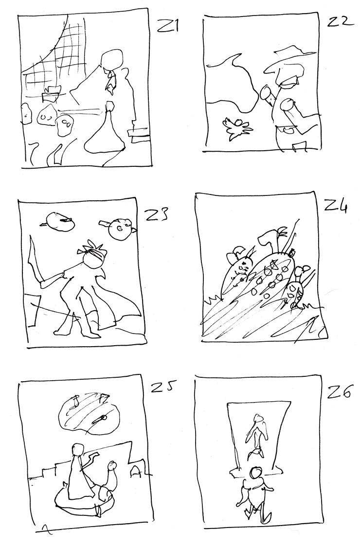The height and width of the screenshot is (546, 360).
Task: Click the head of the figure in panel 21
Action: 112,59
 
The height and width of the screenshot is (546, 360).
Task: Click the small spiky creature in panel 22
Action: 237,128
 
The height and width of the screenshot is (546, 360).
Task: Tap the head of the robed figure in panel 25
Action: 77,449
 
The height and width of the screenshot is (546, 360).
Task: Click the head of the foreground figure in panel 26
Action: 257,473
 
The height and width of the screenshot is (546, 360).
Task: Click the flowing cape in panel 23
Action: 115,299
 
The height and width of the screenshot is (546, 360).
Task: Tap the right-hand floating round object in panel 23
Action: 120,229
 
